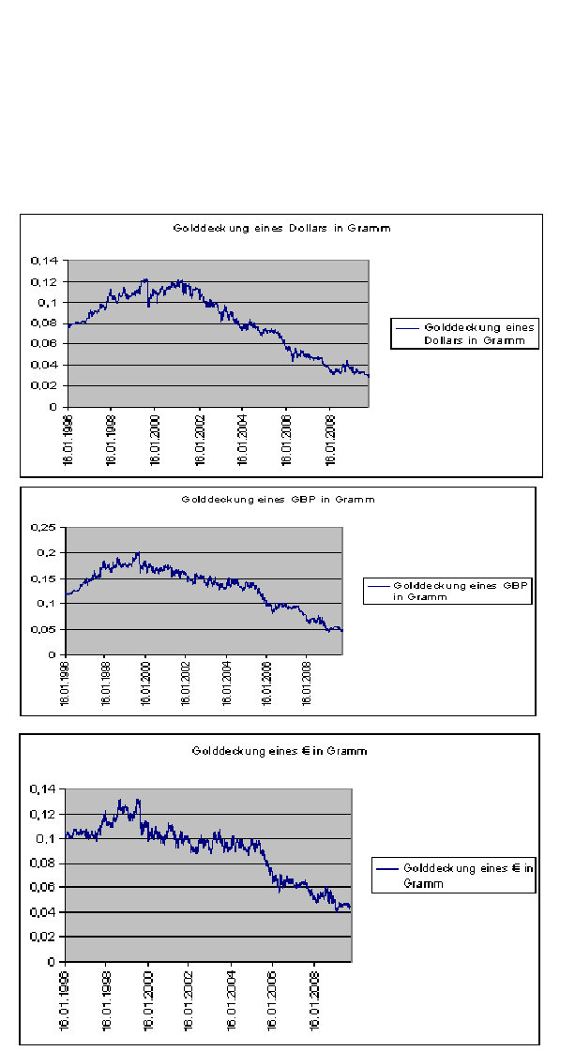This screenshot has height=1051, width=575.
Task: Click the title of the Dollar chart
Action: tap(281, 228)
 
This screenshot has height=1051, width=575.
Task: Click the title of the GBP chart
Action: tap(278, 499)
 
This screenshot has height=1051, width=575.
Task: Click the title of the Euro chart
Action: tap(280, 751)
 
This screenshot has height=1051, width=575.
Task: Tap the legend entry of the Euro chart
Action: tap(455, 876)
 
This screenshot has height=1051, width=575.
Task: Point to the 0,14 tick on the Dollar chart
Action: tap(47, 261)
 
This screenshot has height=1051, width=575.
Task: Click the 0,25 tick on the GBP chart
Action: tap(45, 527)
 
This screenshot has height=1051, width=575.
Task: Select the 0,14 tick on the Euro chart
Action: tap(43, 789)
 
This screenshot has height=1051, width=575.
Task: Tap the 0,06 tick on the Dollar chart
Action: tap(47, 344)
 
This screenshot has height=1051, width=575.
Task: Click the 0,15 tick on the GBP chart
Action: tap(45, 578)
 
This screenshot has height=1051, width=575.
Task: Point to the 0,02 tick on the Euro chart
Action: tap(43, 937)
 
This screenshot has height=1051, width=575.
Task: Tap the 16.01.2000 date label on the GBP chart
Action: tap(145, 687)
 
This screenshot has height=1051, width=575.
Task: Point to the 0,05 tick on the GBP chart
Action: tap(45, 629)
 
